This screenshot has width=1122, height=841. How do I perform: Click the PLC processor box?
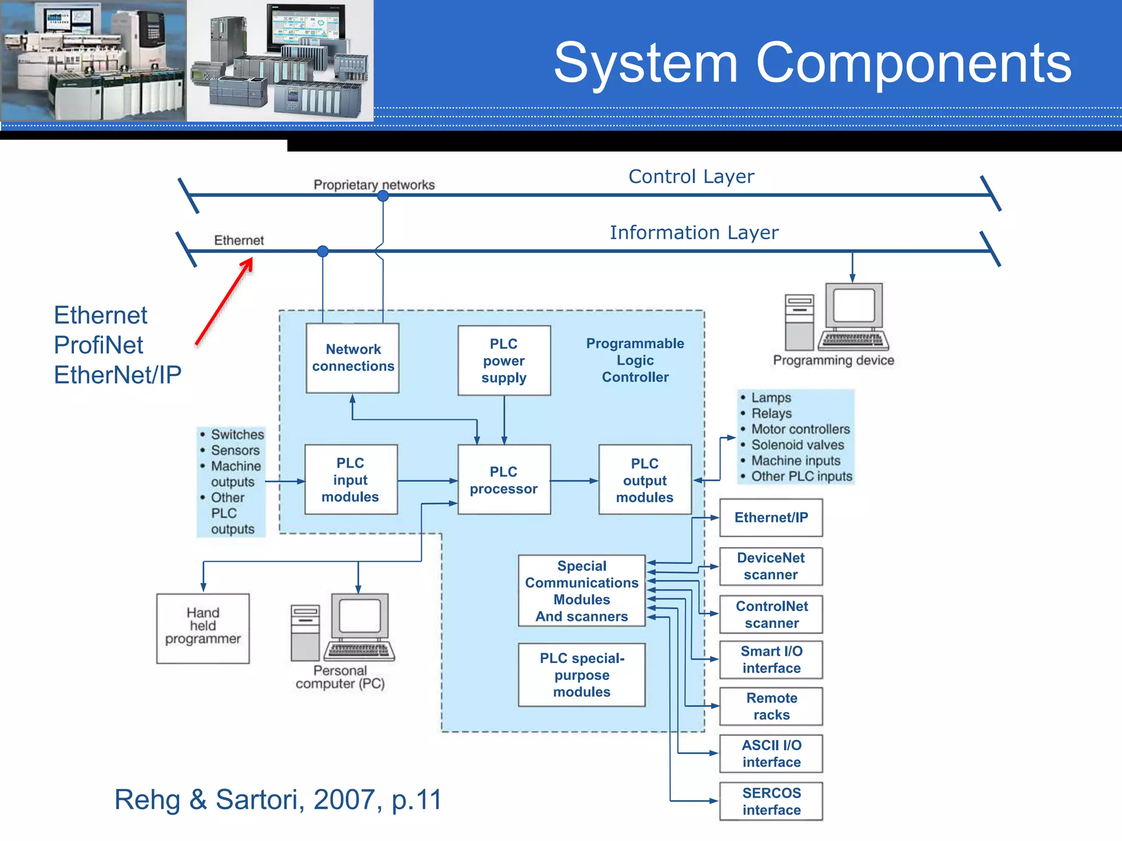(x=504, y=480)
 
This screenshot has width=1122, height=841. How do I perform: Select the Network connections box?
(x=353, y=358)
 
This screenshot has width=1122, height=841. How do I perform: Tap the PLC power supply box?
(x=504, y=361)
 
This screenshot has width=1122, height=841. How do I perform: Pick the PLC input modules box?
(x=351, y=480)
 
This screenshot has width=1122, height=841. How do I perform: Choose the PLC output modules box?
(x=645, y=480)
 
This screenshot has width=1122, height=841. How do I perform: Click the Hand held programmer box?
(x=203, y=629)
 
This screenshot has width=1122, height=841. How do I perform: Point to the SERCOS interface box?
(x=771, y=801)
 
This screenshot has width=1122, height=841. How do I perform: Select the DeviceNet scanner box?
(x=771, y=566)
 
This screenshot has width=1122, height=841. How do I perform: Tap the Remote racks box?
(x=771, y=706)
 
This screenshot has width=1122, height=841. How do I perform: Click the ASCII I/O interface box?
(x=771, y=753)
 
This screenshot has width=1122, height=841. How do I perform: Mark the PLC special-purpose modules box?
(x=582, y=675)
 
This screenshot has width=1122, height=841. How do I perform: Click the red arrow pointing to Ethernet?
(x=225, y=301)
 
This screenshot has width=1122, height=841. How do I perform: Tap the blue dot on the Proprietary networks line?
(x=383, y=196)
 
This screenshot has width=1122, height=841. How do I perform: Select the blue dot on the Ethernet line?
(x=323, y=251)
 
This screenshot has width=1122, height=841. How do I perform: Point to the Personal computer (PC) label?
(x=340, y=677)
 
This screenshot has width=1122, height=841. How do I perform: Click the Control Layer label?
(x=691, y=177)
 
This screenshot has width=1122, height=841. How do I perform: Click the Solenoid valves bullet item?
(x=797, y=445)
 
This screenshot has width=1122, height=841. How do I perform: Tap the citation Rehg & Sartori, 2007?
(x=278, y=799)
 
